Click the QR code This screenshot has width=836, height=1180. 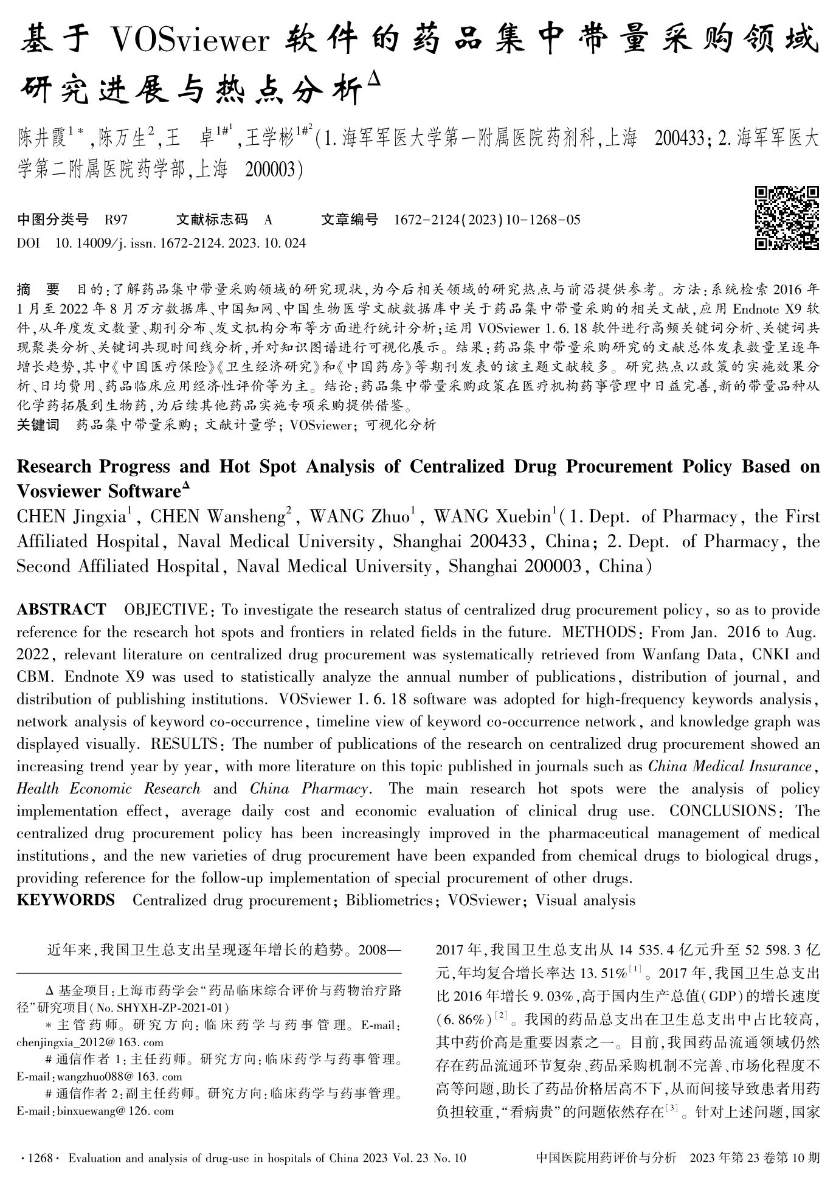tap(787, 218)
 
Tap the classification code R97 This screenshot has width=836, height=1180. tap(116, 220)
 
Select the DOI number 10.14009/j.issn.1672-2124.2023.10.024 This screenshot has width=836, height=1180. tap(180, 243)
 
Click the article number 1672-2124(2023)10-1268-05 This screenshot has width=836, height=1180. tap(487, 220)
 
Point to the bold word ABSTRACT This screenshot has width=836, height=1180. tap(61, 609)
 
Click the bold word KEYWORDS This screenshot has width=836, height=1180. tap(66, 900)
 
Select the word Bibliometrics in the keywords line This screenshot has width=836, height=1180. tap(389, 900)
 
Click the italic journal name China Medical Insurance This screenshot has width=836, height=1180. tap(730, 766)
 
